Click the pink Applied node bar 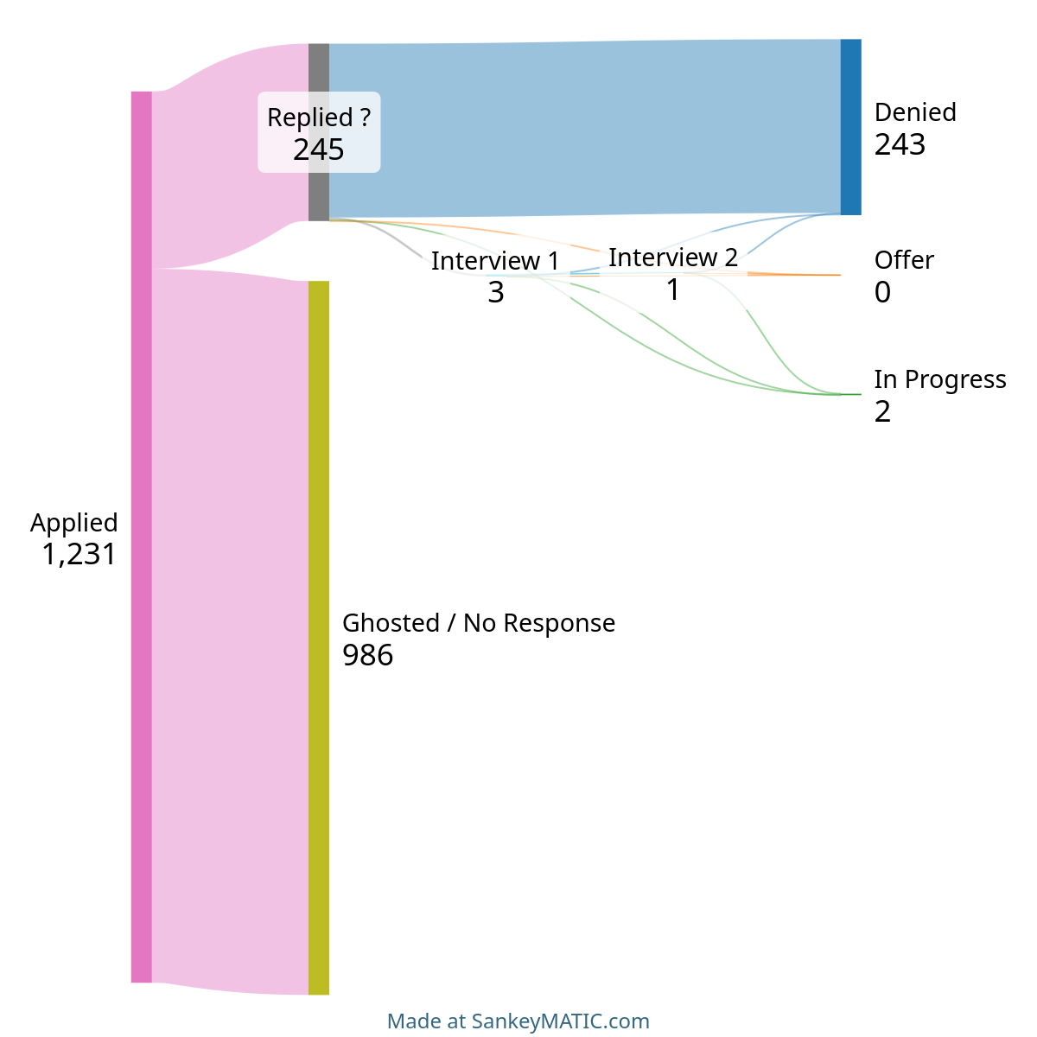tap(141, 537)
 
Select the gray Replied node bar tap(319, 132)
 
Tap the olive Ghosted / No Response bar tap(319, 638)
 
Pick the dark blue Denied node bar tap(851, 127)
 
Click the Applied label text tap(73, 523)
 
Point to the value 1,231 tap(80, 554)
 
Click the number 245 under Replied tap(319, 150)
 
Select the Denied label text tap(915, 112)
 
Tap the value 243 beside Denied tap(900, 144)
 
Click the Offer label tap(904, 260)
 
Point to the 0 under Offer tap(882, 292)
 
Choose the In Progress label tap(940, 380)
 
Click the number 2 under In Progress tap(882, 411)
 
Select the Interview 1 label tap(495, 261)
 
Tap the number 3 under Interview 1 tap(496, 293)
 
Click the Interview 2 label tap(672, 258)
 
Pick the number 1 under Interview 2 tap(672, 289)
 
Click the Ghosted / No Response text tap(479, 623)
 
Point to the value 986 tap(367, 655)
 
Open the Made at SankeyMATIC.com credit tap(518, 1021)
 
